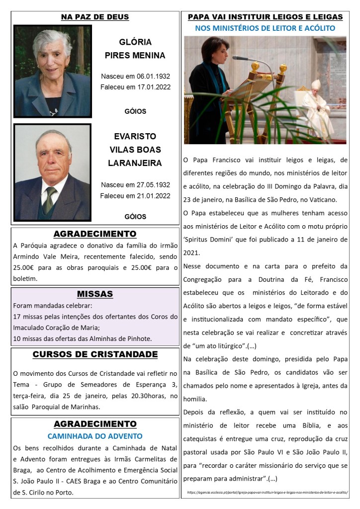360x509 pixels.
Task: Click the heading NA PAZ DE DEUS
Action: pyautogui.click(x=94, y=17)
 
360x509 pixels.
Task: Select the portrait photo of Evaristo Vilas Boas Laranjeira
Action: pyautogui.click(x=52, y=172)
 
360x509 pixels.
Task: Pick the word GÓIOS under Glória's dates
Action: pyautogui.click(x=135, y=111)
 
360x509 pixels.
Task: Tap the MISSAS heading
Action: pyautogui.click(x=94, y=294)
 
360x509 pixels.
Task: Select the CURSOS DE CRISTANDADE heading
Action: pyautogui.click(x=94, y=354)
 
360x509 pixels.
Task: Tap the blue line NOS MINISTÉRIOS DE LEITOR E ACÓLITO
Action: pyautogui.click(x=265, y=28)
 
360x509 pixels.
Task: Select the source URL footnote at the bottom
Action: pyautogui.click(x=267, y=492)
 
